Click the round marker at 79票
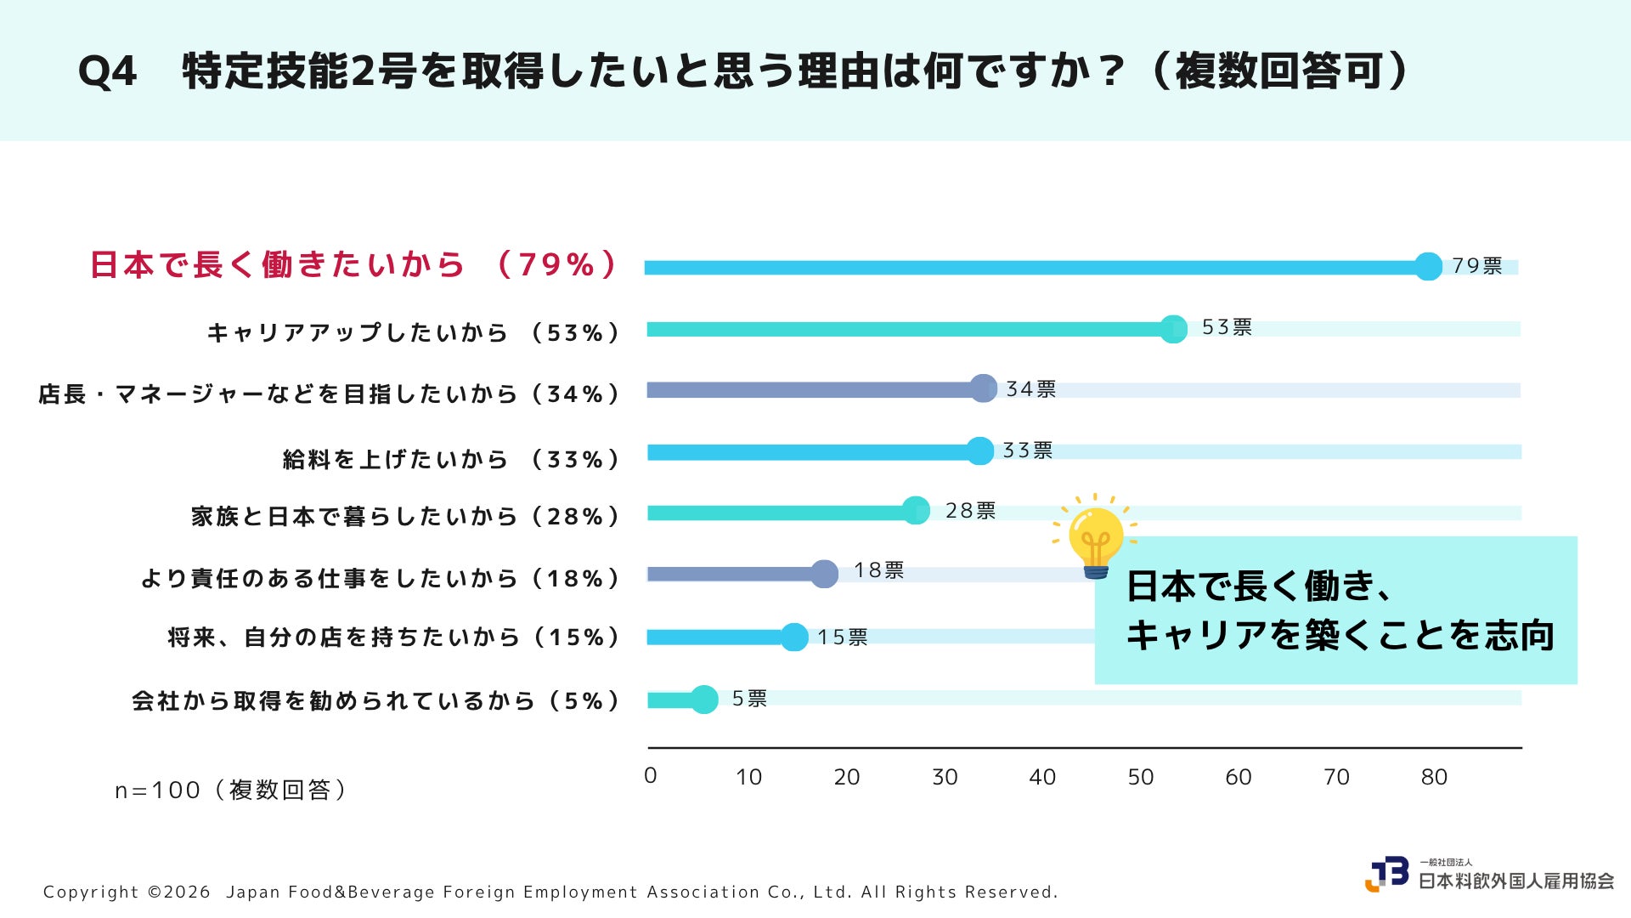pos(1429,266)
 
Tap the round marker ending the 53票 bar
pos(1173,329)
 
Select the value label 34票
pos(1031,389)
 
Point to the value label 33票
pos(1028,450)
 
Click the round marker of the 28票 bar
pos(916,510)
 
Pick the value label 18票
pos(878,570)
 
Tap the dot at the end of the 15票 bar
pos(794,637)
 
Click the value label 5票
pos(749,699)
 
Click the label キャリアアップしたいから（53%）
pos(414,332)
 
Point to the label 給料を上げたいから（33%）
pos(452,460)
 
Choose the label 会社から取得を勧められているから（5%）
pos(376,701)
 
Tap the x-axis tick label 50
pos(1141,777)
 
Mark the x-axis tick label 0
pos(651,775)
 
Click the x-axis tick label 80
pos(1434,777)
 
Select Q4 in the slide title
pos(107,71)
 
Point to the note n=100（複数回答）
pos(231,790)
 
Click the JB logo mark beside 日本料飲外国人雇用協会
pos(1386,874)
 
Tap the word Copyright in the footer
pos(91,892)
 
